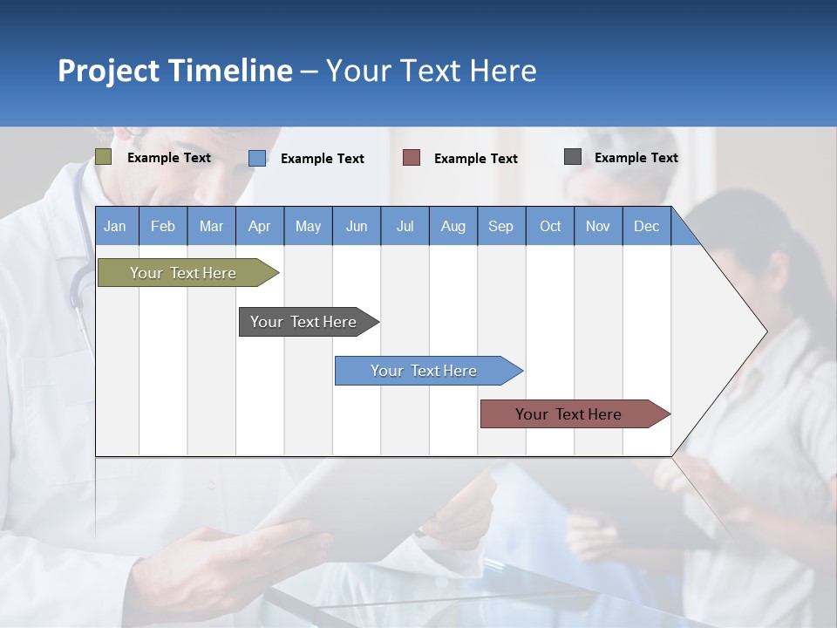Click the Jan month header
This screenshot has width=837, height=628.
coord(115,226)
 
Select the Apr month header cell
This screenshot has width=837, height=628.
coord(259,226)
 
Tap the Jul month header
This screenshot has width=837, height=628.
coord(405,226)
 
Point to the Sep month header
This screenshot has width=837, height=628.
coord(500,226)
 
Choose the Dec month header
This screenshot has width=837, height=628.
coord(646,226)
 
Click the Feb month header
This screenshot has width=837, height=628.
coord(163,226)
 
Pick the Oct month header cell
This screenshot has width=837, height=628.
coord(550,226)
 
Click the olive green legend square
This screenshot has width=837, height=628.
coord(104,157)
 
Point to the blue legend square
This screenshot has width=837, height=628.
coord(257,158)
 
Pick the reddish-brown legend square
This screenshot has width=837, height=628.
coord(412,158)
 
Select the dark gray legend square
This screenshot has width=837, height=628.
coord(573,157)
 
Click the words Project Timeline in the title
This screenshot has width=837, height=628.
coord(175,71)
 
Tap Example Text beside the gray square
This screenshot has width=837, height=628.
coord(636,158)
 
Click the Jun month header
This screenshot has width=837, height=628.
coord(357,226)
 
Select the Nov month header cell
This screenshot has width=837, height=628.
coord(598,226)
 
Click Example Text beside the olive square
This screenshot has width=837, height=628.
coord(169,158)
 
